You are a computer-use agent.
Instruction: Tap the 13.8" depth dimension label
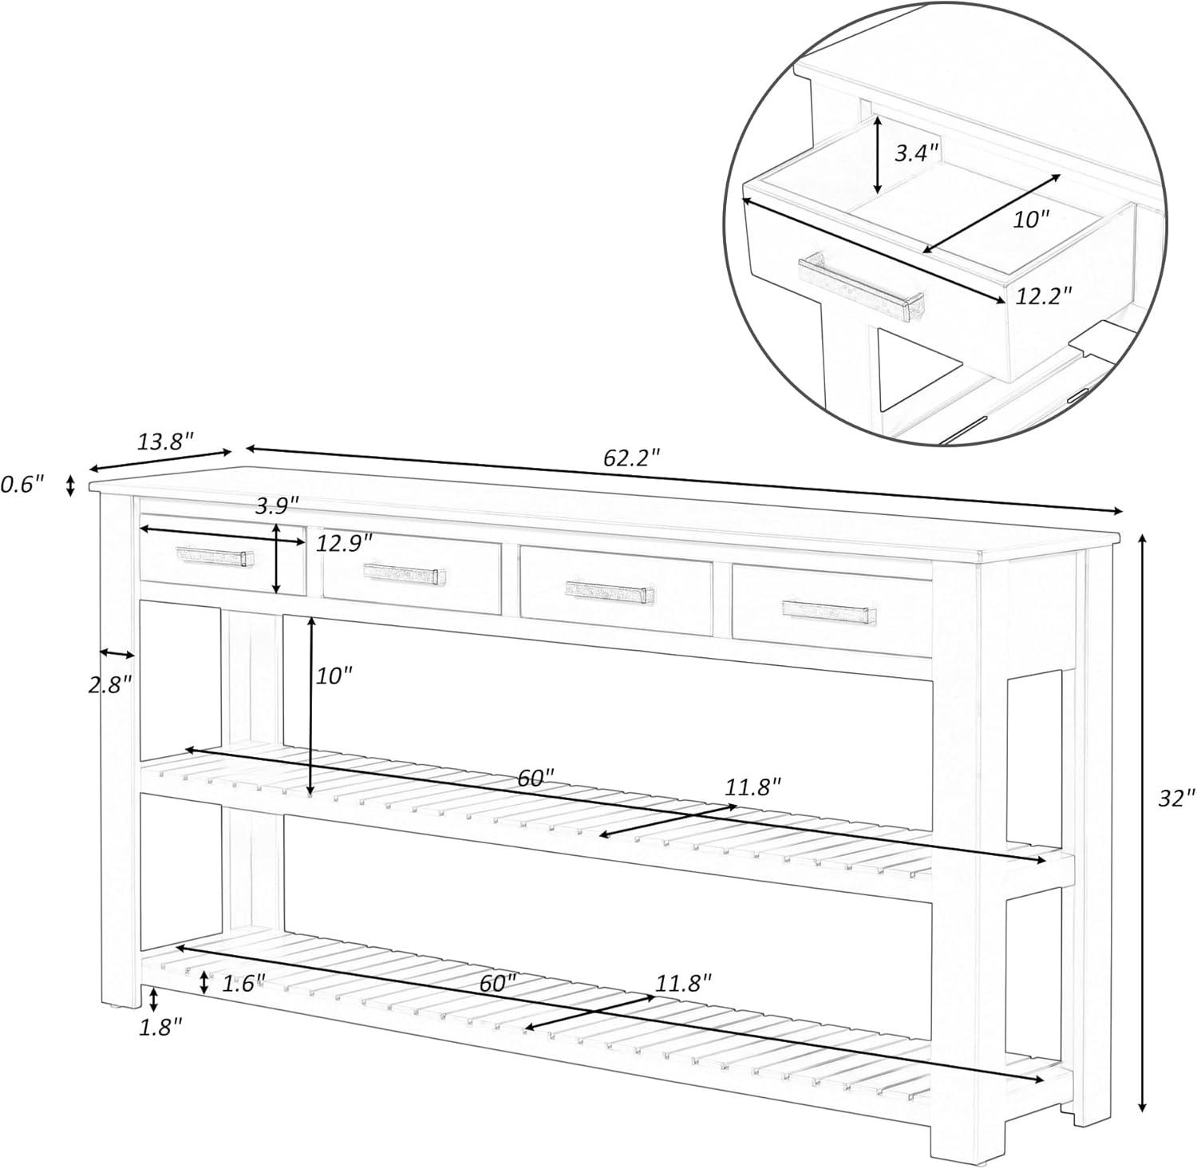(165, 441)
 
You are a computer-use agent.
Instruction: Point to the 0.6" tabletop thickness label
(22, 484)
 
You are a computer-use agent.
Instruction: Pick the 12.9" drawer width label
(345, 544)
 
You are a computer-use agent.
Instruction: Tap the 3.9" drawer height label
(277, 505)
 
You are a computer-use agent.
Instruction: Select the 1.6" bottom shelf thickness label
(243, 983)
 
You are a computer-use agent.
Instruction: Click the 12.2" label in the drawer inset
(1044, 296)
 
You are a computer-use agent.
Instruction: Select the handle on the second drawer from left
(404, 573)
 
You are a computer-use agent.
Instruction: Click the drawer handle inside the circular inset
(861, 285)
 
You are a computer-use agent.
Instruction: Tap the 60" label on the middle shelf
(535, 778)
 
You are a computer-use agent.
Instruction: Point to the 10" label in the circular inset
(1031, 220)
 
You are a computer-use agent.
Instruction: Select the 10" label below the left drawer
(334, 676)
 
